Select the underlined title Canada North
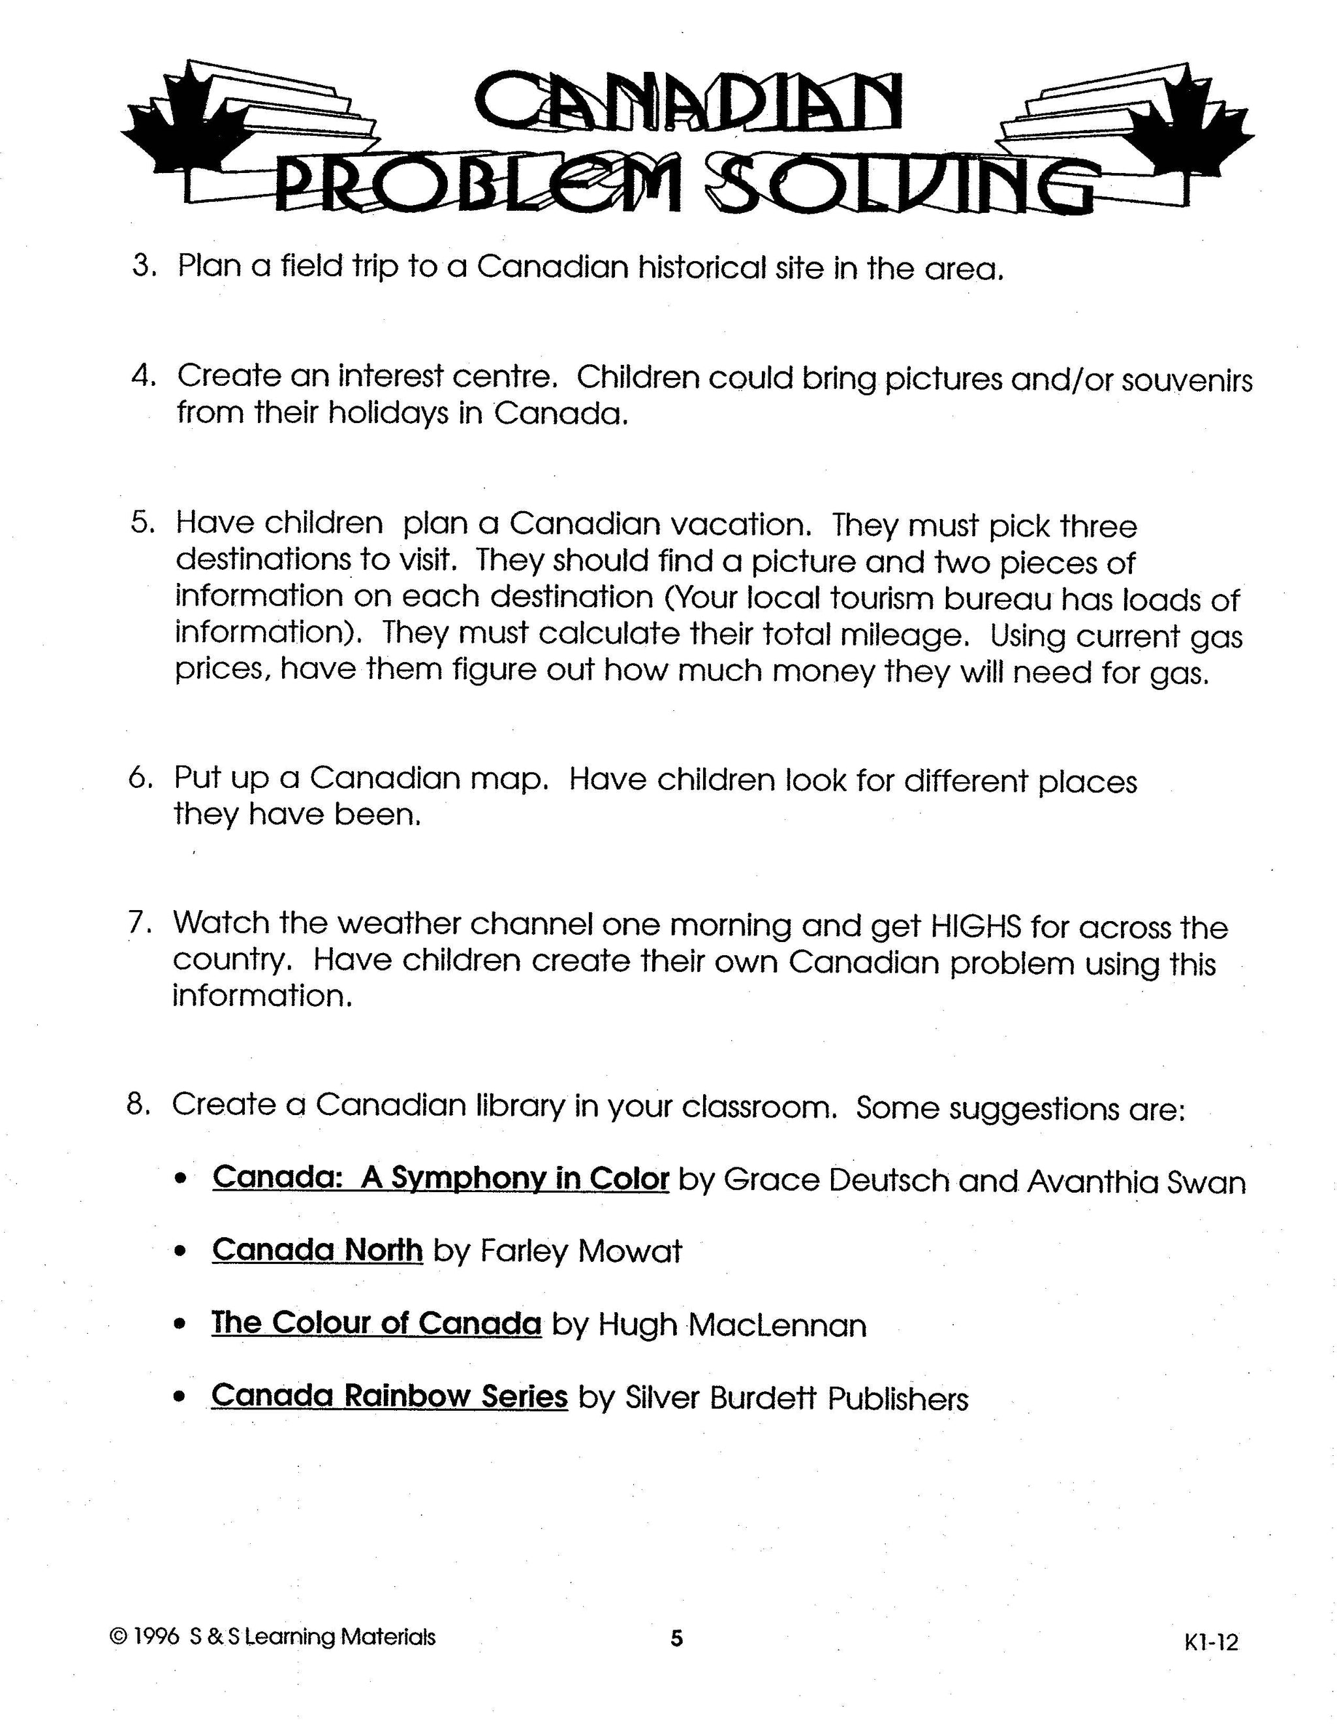pos(317,1251)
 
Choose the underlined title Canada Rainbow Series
pos(389,1396)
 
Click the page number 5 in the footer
pos(676,1637)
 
